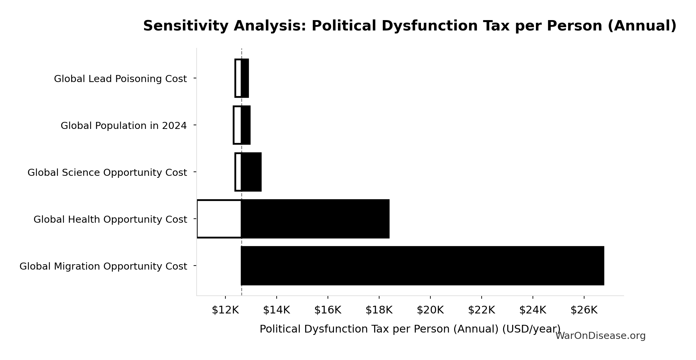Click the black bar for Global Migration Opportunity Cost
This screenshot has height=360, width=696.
click(422, 266)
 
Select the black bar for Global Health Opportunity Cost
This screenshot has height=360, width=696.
click(315, 219)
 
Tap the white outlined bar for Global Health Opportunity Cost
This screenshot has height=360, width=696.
click(219, 219)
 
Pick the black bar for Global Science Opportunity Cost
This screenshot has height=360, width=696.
click(251, 172)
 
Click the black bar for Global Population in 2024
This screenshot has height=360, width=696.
click(246, 125)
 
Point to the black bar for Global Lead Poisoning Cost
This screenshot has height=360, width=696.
click(245, 78)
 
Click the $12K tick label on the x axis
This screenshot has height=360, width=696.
click(225, 310)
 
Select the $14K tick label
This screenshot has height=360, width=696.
click(276, 310)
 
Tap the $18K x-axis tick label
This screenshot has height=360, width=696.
click(379, 310)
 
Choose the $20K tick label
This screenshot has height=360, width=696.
click(430, 310)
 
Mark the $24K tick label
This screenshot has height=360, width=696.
click(533, 310)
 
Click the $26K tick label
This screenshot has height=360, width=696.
click(584, 310)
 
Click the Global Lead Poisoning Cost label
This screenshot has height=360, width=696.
click(120, 79)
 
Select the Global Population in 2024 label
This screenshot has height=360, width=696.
click(124, 126)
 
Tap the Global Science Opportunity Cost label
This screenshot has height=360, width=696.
click(107, 172)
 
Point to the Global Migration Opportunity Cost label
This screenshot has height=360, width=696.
click(103, 266)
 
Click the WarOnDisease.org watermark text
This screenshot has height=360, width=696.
click(600, 336)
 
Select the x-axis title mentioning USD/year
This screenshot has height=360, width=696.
click(410, 329)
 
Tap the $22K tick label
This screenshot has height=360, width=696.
click(481, 310)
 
